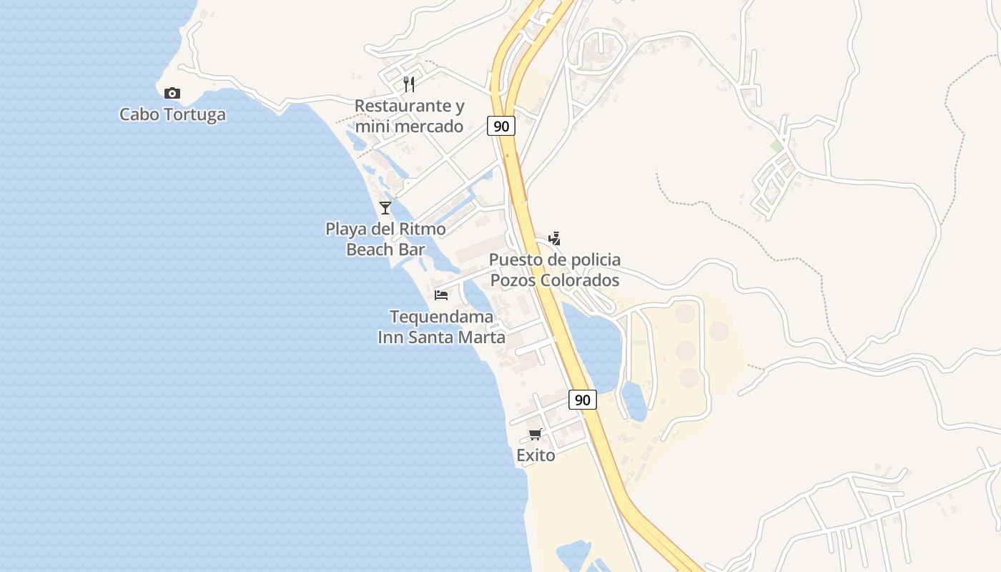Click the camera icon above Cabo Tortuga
(172, 93)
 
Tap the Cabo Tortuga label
(172, 114)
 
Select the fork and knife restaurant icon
(409, 84)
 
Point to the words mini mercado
(409, 127)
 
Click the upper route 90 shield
(502, 126)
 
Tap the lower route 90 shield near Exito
(583, 400)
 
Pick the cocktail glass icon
(385, 208)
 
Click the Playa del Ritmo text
(385, 229)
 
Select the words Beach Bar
(385, 250)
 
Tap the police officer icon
(554, 238)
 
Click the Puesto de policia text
(554, 260)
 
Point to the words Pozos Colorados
(554, 280)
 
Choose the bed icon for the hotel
(441, 295)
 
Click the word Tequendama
(441, 317)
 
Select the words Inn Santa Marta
(441, 337)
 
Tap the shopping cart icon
(536, 434)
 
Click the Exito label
(536, 455)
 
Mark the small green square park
(776, 146)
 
